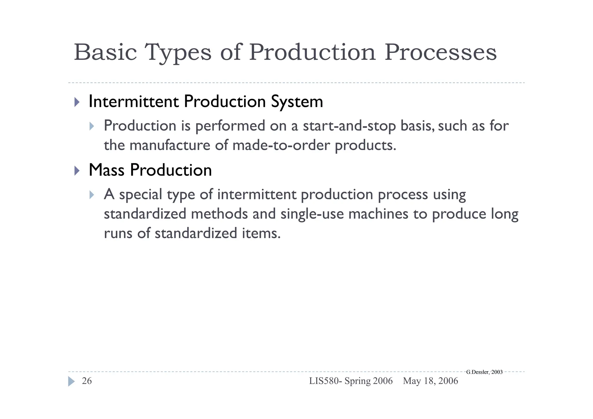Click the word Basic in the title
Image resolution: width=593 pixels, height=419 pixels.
[x=105, y=52]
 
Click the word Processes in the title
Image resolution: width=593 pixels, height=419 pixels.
[x=440, y=52]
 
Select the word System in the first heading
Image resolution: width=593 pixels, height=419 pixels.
[x=297, y=102]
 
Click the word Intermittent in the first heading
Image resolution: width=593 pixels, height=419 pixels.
[x=133, y=102]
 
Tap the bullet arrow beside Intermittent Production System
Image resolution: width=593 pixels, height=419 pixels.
[x=77, y=102]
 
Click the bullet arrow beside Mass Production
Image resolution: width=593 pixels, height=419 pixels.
[x=77, y=171]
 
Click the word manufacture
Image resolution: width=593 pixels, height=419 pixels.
[x=170, y=145]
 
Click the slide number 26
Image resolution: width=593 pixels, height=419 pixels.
[x=87, y=381]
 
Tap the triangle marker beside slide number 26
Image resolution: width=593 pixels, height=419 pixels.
[x=71, y=381]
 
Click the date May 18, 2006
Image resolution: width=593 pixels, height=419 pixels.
[x=430, y=381]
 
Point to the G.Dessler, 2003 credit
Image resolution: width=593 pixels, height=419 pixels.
[x=484, y=372]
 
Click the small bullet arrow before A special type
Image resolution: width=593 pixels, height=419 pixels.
[x=92, y=195]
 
